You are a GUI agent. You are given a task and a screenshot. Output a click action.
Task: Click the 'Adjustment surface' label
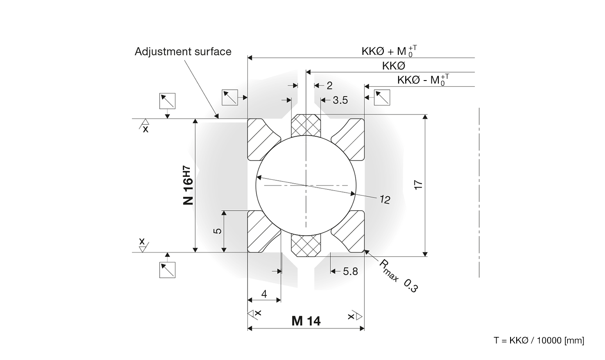click(183, 51)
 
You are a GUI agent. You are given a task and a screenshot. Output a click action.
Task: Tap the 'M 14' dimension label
click(306, 321)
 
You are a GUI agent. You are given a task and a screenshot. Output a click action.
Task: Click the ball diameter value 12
click(385, 199)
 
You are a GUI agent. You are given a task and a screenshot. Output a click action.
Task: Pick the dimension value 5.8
click(350, 272)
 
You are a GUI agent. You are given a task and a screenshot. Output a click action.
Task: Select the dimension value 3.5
click(340, 100)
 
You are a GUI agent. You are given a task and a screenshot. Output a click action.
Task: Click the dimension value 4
click(264, 294)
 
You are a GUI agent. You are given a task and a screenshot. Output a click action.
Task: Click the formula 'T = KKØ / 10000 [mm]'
click(539, 340)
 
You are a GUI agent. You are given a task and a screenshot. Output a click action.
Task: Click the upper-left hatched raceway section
click(261, 138)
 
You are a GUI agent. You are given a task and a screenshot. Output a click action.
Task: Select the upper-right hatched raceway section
click(351, 138)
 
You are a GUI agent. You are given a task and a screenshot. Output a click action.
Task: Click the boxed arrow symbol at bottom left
click(168, 270)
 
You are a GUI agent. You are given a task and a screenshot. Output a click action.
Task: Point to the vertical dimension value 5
click(218, 231)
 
